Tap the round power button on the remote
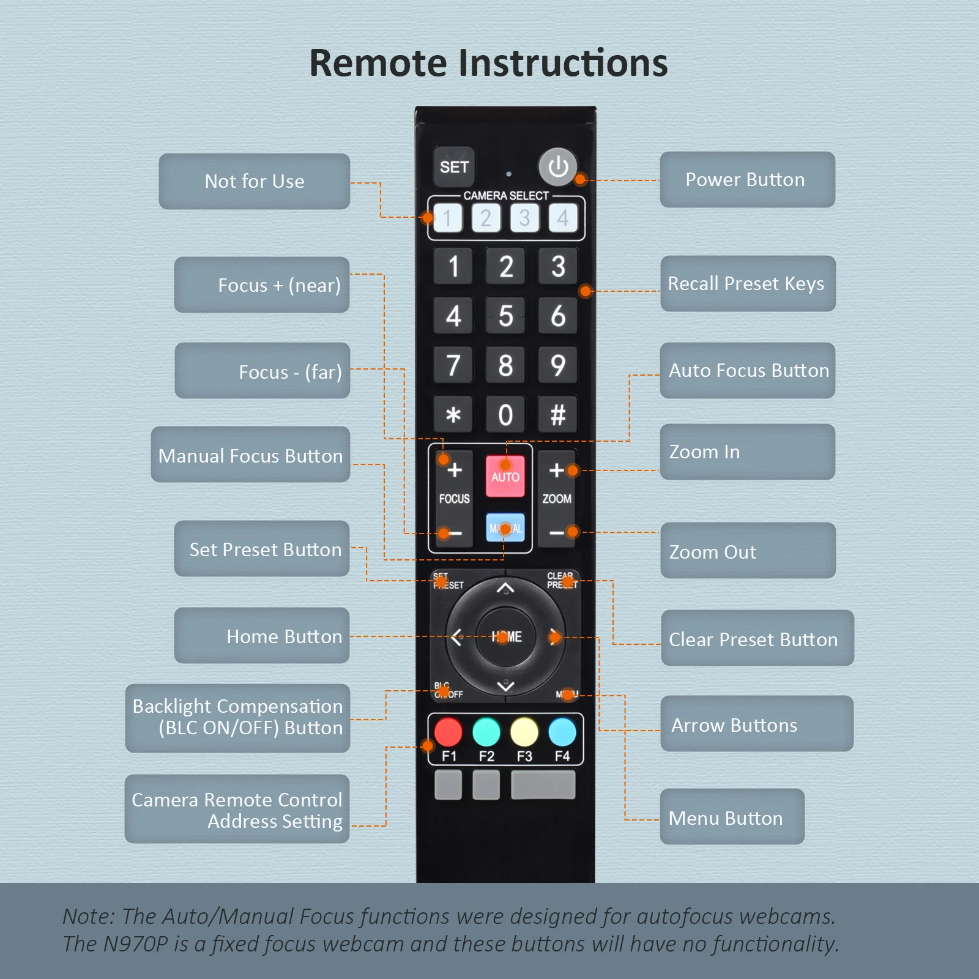click(x=557, y=166)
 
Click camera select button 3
click(x=524, y=218)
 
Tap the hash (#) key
click(x=557, y=415)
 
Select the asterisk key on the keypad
click(x=453, y=415)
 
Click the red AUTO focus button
click(x=505, y=476)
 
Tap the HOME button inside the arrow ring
click(x=505, y=637)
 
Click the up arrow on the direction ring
click(x=505, y=589)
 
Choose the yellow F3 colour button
click(x=524, y=732)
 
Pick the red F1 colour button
click(x=449, y=732)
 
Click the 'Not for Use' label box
click(x=255, y=181)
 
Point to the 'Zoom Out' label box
click(x=748, y=551)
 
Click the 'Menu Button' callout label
click(x=732, y=817)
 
